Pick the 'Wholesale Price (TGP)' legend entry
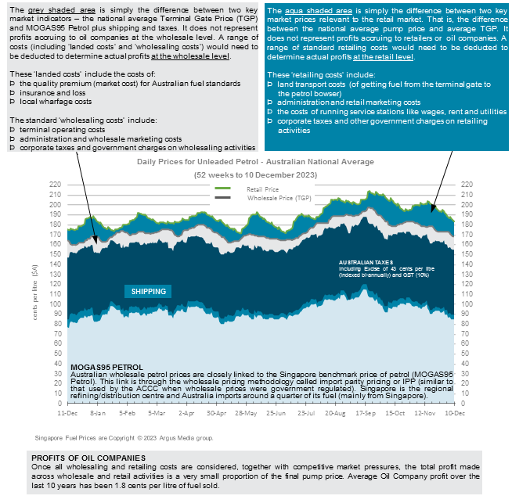273,198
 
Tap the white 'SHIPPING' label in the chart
148,291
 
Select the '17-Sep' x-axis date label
366,411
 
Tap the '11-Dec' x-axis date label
67,411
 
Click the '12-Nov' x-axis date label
425,411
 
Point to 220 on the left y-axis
54,185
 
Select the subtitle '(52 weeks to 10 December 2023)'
255,176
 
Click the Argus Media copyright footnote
124,437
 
